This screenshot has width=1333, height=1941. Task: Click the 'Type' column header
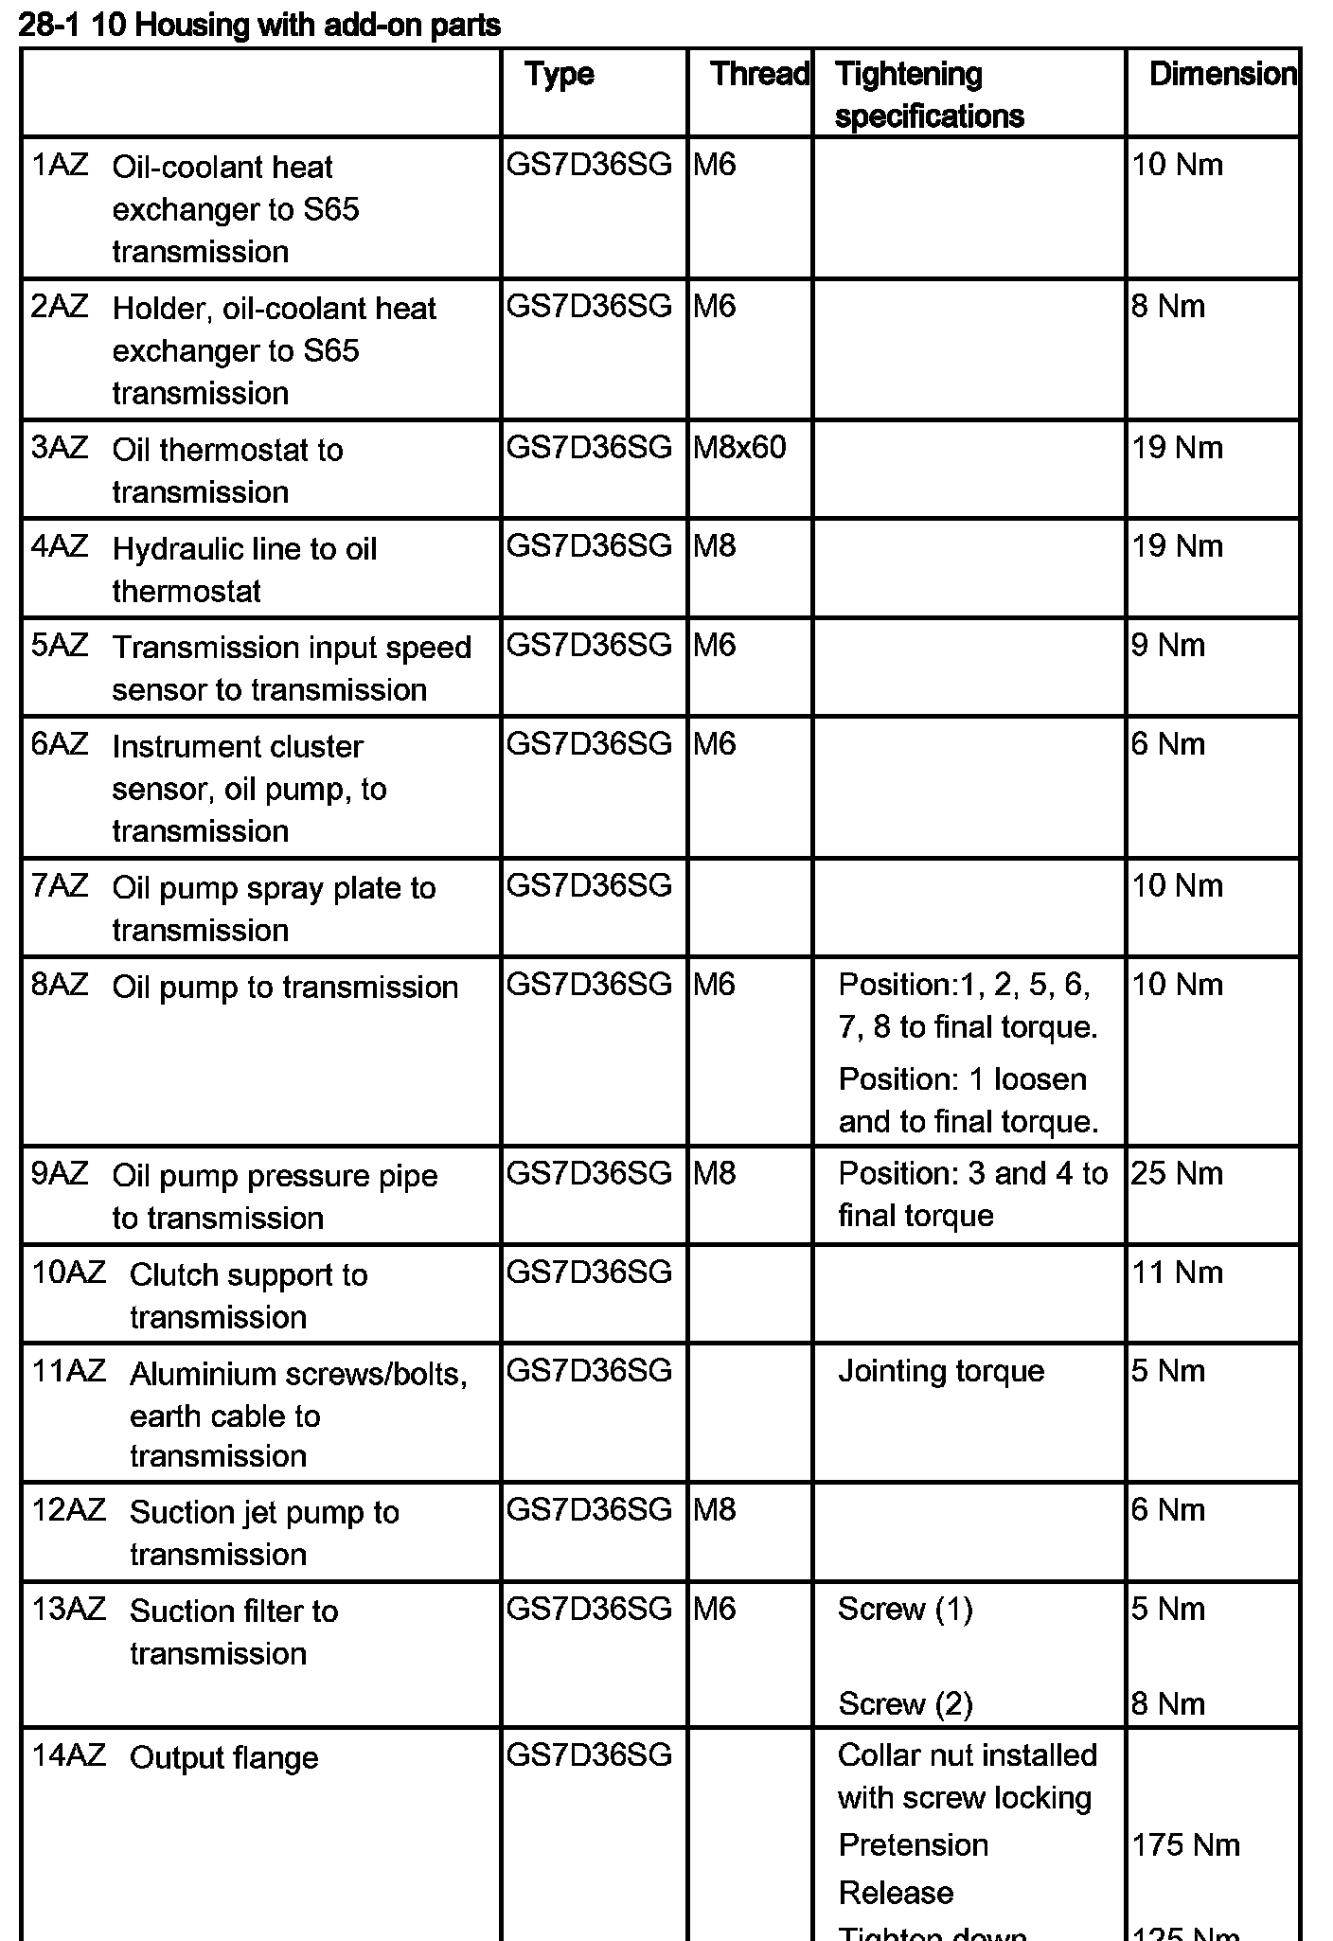tap(560, 75)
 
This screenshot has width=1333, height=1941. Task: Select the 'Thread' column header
tap(759, 74)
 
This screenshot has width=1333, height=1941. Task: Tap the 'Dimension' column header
tap(1222, 74)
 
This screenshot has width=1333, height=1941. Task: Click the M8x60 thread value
tap(739, 448)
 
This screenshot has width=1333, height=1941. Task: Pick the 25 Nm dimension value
tap(1177, 1174)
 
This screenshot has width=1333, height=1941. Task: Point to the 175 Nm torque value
tap(1185, 1844)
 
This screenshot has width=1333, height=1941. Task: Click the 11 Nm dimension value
tap(1178, 1273)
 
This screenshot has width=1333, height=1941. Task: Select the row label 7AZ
tap(60, 887)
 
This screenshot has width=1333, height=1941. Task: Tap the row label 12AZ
tap(69, 1510)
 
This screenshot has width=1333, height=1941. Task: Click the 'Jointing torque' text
tap(941, 1371)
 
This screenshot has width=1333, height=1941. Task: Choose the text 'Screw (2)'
tap(905, 1704)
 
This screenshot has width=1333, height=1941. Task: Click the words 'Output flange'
tap(223, 1758)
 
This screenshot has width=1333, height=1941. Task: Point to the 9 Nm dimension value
tap(1168, 646)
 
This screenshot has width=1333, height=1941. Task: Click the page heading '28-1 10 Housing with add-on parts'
tap(259, 25)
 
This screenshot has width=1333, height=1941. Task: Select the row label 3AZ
tap(60, 448)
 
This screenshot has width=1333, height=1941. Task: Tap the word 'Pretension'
tap(914, 1844)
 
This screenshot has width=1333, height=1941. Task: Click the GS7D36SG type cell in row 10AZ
tap(589, 1273)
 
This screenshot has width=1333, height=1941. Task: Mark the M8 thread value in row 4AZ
tap(715, 546)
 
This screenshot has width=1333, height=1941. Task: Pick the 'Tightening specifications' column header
tap(929, 95)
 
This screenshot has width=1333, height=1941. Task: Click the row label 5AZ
tap(60, 646)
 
